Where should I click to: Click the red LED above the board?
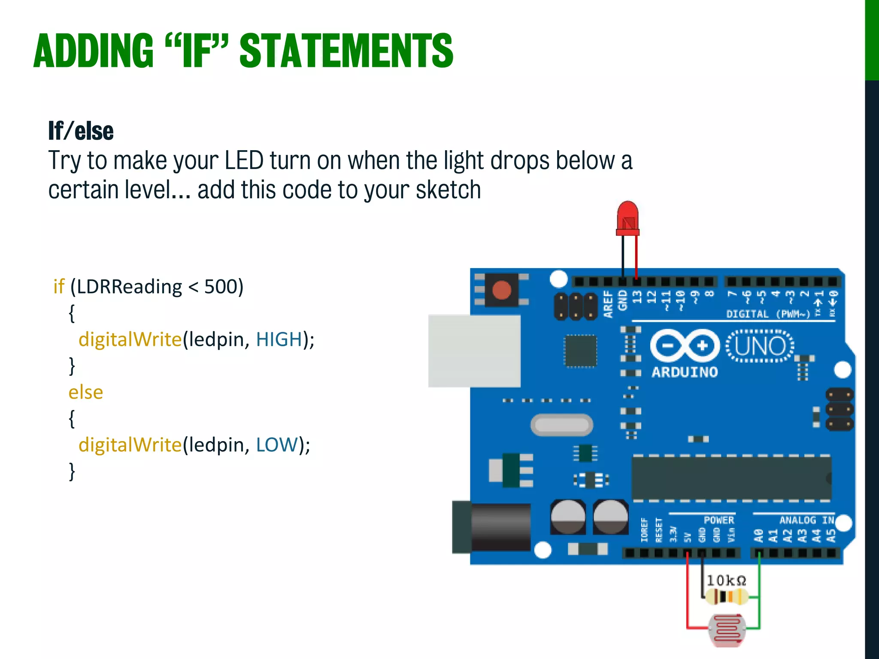point(627,218)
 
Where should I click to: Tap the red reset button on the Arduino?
point(501,290)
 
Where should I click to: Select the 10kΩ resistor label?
point(726,580)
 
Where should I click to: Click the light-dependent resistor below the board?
point(727,629)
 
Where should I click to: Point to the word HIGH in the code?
point(279,339)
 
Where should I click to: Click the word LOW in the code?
point(276,445)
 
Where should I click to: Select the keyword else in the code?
point(85,392)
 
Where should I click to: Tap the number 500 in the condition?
point(221,287)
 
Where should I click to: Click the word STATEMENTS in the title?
point(346,51)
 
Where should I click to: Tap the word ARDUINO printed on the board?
point(685,372)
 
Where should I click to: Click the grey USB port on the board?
point(474,351)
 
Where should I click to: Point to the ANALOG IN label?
point(806,520)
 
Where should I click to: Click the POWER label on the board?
point(718,520)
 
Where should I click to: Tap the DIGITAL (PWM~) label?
point(767,314)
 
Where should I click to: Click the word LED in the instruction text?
point(244,160)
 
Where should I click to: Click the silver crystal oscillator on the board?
point(562,425)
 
